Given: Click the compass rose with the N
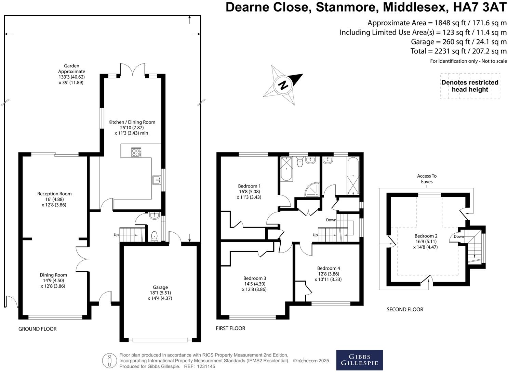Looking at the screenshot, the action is (x=283, y=85).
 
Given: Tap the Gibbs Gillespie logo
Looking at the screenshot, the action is (x=359, y=360).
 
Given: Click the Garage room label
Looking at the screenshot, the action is (x=160, y=293).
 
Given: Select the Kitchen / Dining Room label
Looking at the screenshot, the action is (x=132, y=127).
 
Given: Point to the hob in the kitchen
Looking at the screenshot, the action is (x=136, y=152).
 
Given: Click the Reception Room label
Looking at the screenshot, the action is (x=54, y=199).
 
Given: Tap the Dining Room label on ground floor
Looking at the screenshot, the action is (x=53, y=280).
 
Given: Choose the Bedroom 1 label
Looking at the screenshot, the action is (x=249, y=192).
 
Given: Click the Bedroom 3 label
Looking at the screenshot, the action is (x=255, y=284).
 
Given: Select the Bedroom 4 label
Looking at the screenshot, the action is (x=328, y=274).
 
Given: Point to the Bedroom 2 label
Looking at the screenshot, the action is (x=426, y=241).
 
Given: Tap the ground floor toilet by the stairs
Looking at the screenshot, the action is (x=154, y=236).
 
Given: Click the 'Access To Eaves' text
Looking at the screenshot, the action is (x=427, y=179).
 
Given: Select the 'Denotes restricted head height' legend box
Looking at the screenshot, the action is (x=470, y=86).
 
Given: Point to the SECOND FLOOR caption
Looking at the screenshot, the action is (x=405, y=309).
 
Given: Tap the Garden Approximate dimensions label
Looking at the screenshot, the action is (x=71, y=74).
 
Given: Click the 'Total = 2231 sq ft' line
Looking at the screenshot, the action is (x=458, y=51).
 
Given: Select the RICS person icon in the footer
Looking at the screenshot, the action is (x=109, y=360).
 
